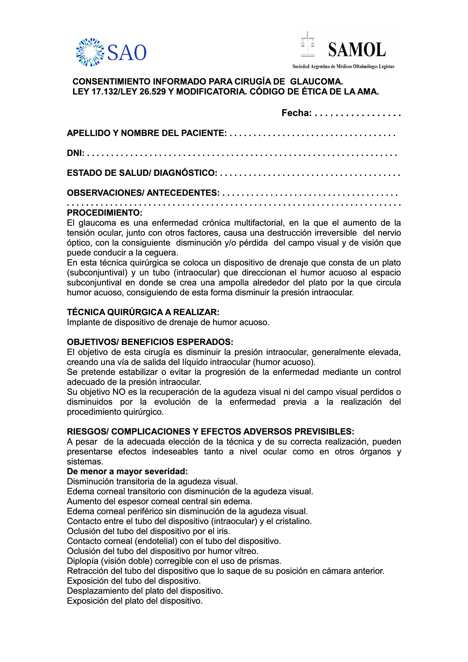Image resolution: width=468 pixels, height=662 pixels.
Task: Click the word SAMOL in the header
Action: pyautogui.click(x=357, y=50)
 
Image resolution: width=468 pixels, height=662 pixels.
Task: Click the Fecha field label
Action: pyautogui.click(x=296, y=113)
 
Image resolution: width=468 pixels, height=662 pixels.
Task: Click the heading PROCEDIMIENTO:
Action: pyautogui.click(x=105, y=213)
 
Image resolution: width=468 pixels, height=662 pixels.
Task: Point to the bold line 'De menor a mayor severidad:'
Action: pyautogui.click(x=127, y=471)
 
